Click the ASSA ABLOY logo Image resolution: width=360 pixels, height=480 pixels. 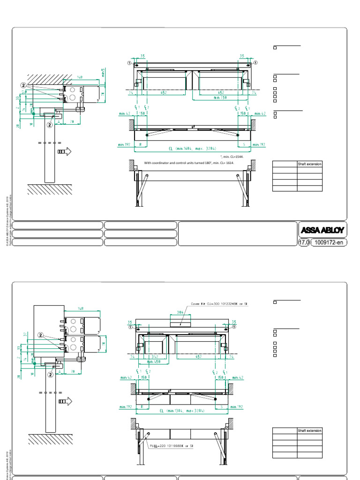pos(322,230)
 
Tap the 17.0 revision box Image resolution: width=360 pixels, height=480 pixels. pos(304,242)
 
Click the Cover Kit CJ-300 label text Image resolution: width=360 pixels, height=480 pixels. pos(219,304)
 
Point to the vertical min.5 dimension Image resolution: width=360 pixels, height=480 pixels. pos(103,72)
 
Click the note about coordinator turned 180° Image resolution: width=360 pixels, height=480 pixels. pos(189,163)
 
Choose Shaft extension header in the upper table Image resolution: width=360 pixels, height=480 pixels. pos(309,164)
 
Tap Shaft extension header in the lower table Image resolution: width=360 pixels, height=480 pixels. pos(309,431)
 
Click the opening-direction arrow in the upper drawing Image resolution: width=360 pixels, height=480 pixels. pos(63,151)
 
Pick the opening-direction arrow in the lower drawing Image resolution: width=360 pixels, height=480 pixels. pos(63,401)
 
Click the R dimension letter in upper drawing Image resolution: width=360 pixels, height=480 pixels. pos(140,145)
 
